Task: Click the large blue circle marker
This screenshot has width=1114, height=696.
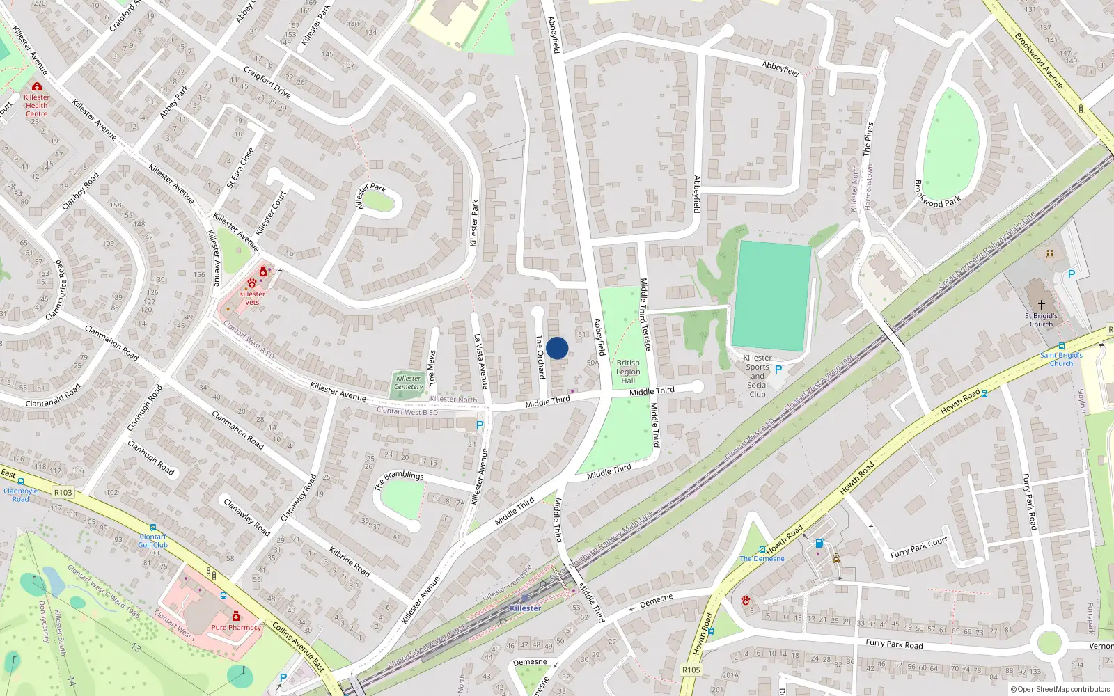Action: tap(557, 348)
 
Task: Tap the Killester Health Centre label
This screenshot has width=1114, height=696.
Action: tap(36, 105)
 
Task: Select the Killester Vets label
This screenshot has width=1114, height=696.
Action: tap(252, 298)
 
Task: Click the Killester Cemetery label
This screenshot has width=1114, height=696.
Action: tap(409, 383)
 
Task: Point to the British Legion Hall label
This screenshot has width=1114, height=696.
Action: tap(628, 372)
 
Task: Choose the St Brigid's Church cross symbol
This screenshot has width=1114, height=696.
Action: tap(1042, 305)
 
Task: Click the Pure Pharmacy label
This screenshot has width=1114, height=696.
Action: tap(236, 628)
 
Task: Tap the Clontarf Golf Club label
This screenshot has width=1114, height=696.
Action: tap(152, 541)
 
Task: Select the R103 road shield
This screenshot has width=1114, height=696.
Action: tap(63, 492)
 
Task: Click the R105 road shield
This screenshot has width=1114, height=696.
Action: tap(691, 670)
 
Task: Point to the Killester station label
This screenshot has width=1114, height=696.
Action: tap(525, 608)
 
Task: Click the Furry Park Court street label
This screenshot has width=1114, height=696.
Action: tap(919, 548)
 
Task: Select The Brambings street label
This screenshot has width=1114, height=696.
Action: tap(399, 480)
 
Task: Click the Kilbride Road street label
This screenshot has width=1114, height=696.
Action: tap(350, 562)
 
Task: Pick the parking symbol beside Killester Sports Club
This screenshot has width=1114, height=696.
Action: tap(778, 370)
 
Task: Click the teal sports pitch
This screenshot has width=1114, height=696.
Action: tap(771, 295)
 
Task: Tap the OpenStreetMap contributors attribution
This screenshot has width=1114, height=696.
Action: tap(1060, 690)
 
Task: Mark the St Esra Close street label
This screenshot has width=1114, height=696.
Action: tap(241, 167)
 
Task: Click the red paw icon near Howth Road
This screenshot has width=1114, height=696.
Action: tap(746, 600)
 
